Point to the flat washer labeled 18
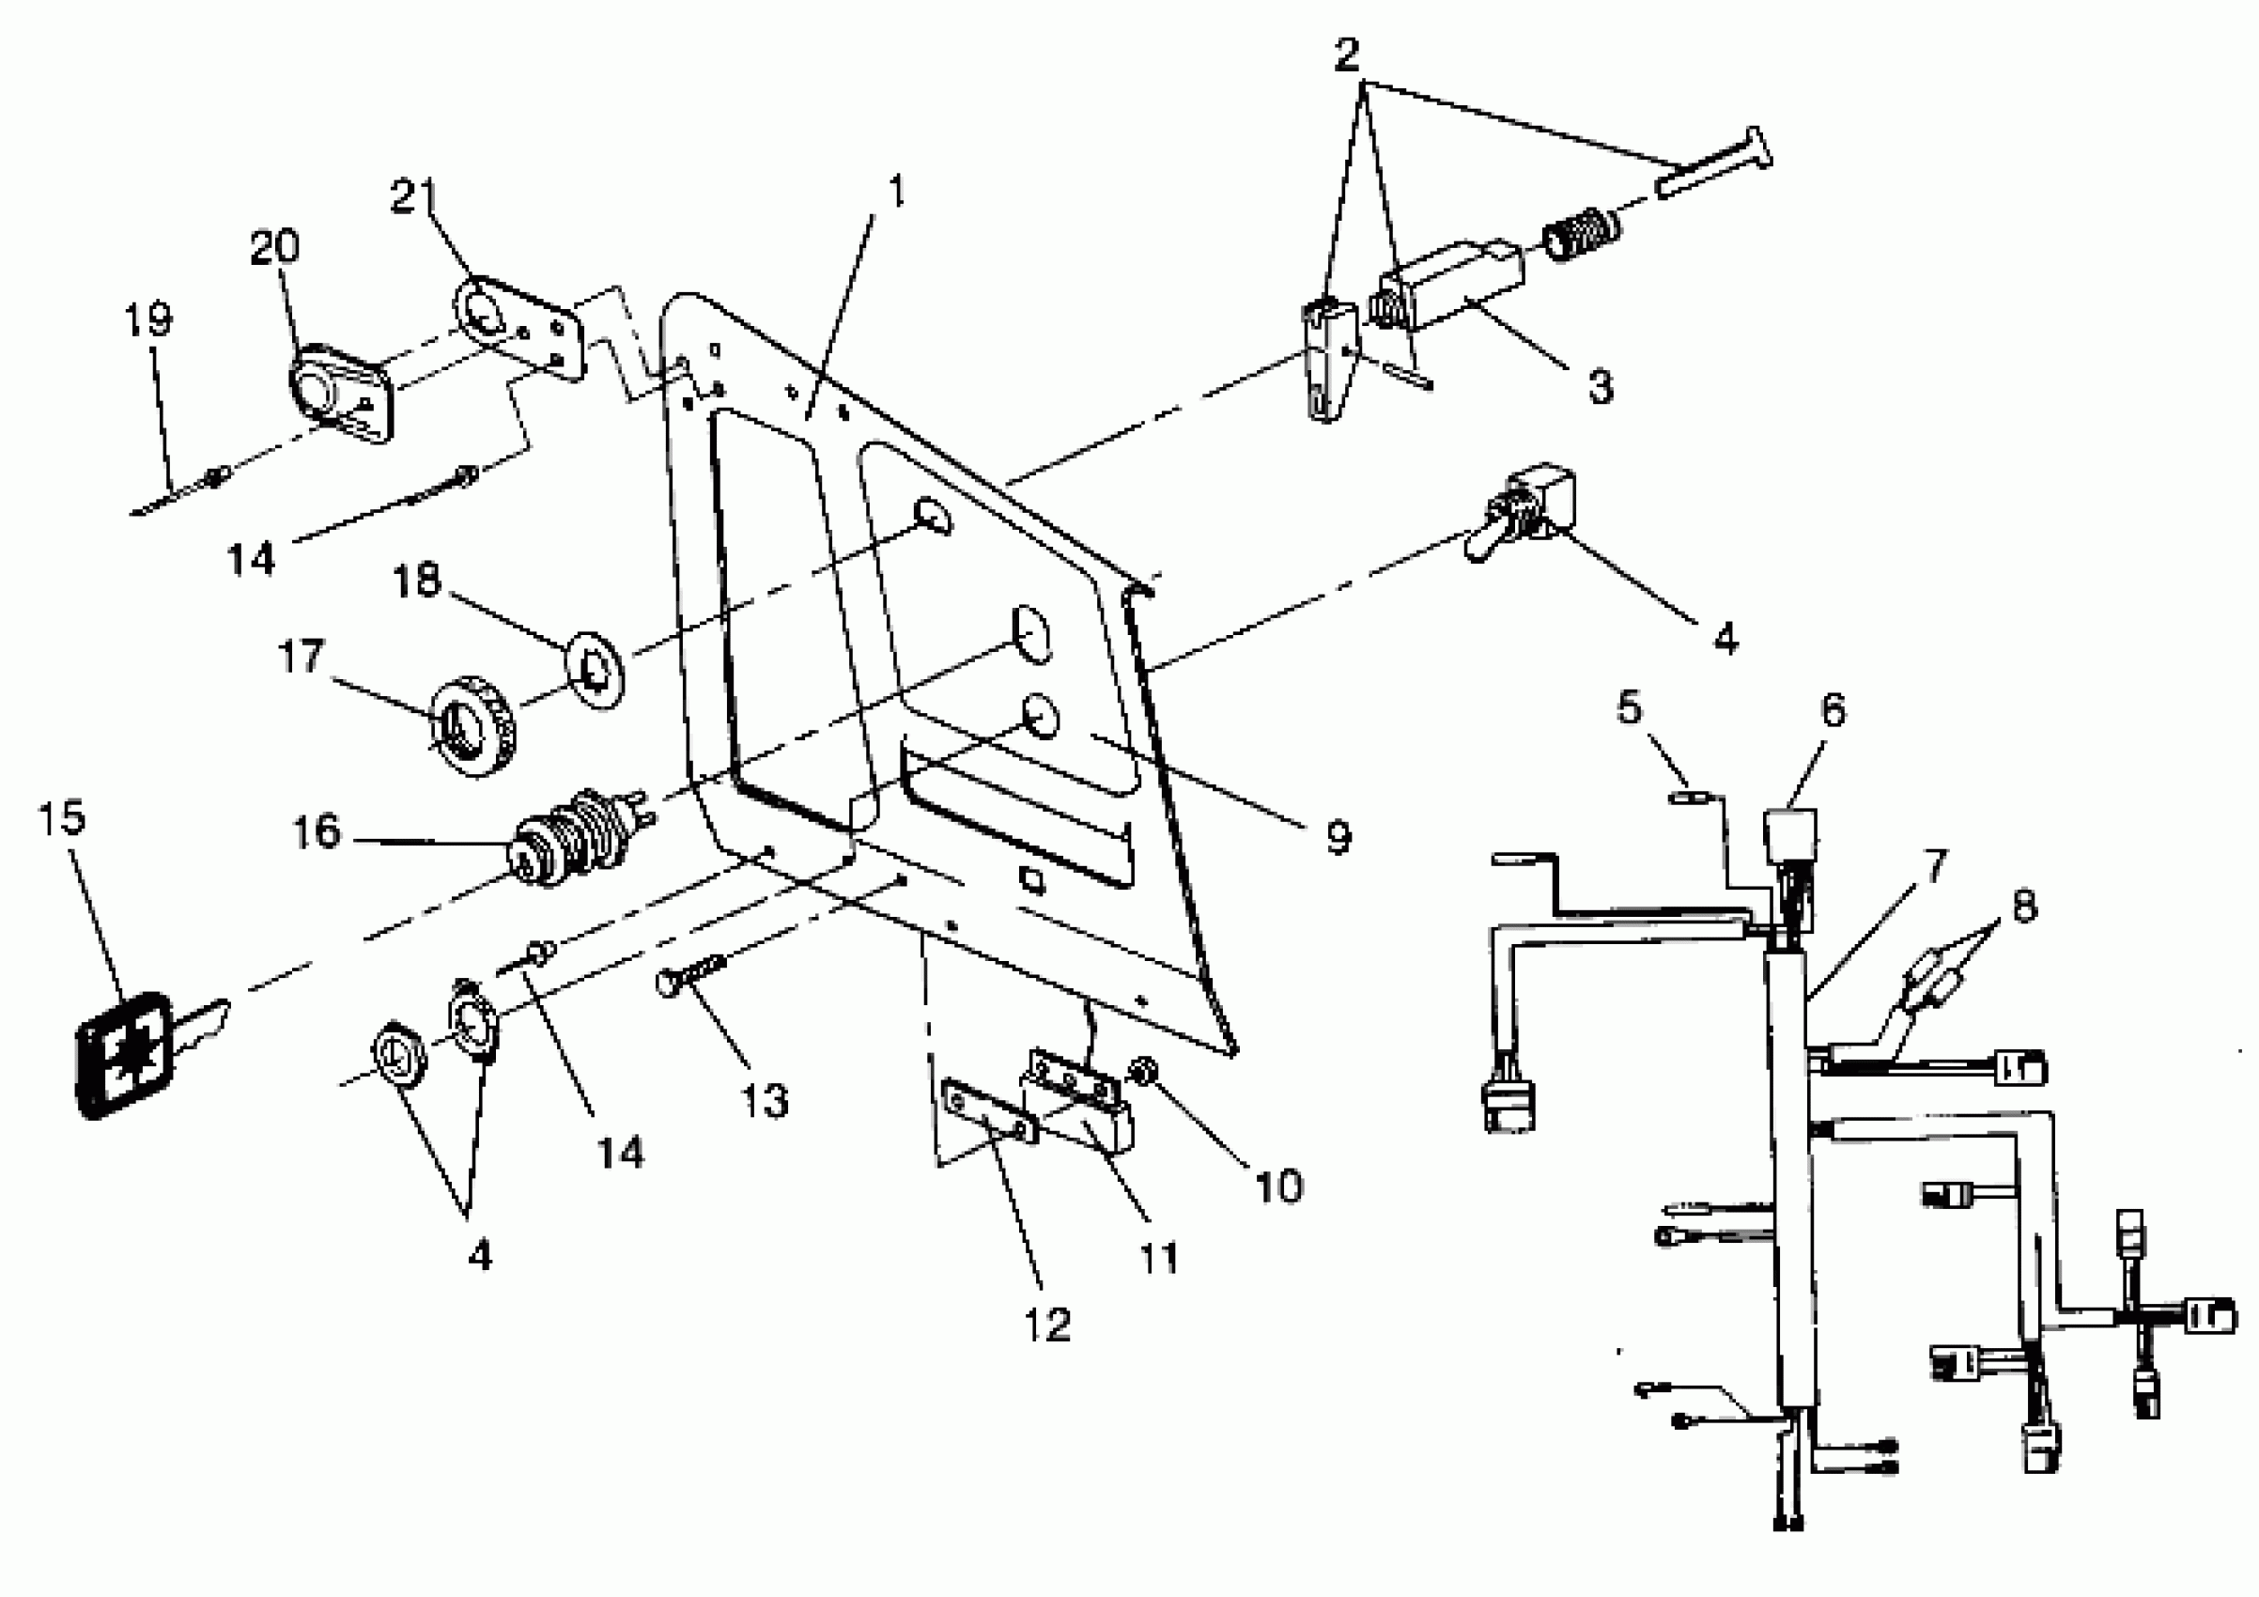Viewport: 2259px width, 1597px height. click(x=595, y=669)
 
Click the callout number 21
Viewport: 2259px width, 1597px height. click(x=414, y=195)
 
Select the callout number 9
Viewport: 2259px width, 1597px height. click(x=1338, y=836)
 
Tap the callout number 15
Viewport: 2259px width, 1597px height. click(x=61, y=816)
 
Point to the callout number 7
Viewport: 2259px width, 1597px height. click(x=1935, y=866)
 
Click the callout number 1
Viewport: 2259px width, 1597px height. click(x=895, y=190)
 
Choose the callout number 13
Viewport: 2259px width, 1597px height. click(x=765, y=1100)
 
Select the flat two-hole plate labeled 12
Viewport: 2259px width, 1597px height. click(x=988, y=1111)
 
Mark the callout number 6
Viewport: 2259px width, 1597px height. click(x=1833, y=709)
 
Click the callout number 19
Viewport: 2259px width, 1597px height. click(x=148, y=318)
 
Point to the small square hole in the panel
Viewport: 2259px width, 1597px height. click(x=1030, y=878)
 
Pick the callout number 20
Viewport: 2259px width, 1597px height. click(x=274, y=246)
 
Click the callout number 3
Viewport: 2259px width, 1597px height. click(x=1601, y=386)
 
